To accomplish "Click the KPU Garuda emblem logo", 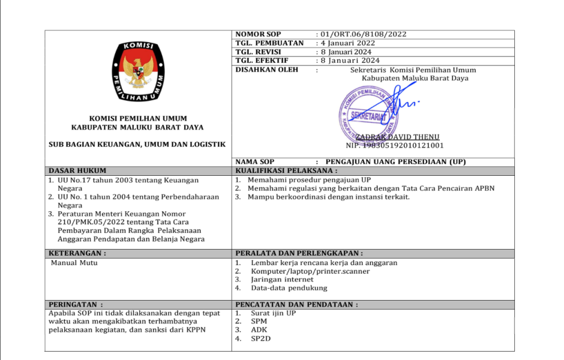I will pos(139,71).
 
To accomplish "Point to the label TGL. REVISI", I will pos(259,52).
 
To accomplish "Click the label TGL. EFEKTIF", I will pos(262,61).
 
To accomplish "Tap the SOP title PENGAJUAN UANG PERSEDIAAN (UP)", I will pos(395,161).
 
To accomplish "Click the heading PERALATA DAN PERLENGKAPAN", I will pos(299,254).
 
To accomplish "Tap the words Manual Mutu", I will pos(74,263).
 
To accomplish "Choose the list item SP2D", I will pos(261,338).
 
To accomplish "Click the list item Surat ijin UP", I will pos(274,313).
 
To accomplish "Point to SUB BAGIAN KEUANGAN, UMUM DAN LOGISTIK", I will pos(137,144).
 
